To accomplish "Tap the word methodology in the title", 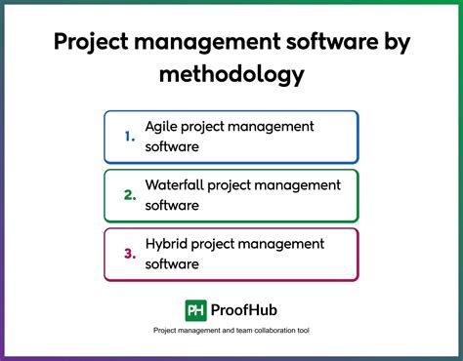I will click(x=231, y=74).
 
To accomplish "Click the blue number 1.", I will click(x=130, y=136).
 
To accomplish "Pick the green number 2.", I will click(x=130, y=194).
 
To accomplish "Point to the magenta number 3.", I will click(x=130, y=254).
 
